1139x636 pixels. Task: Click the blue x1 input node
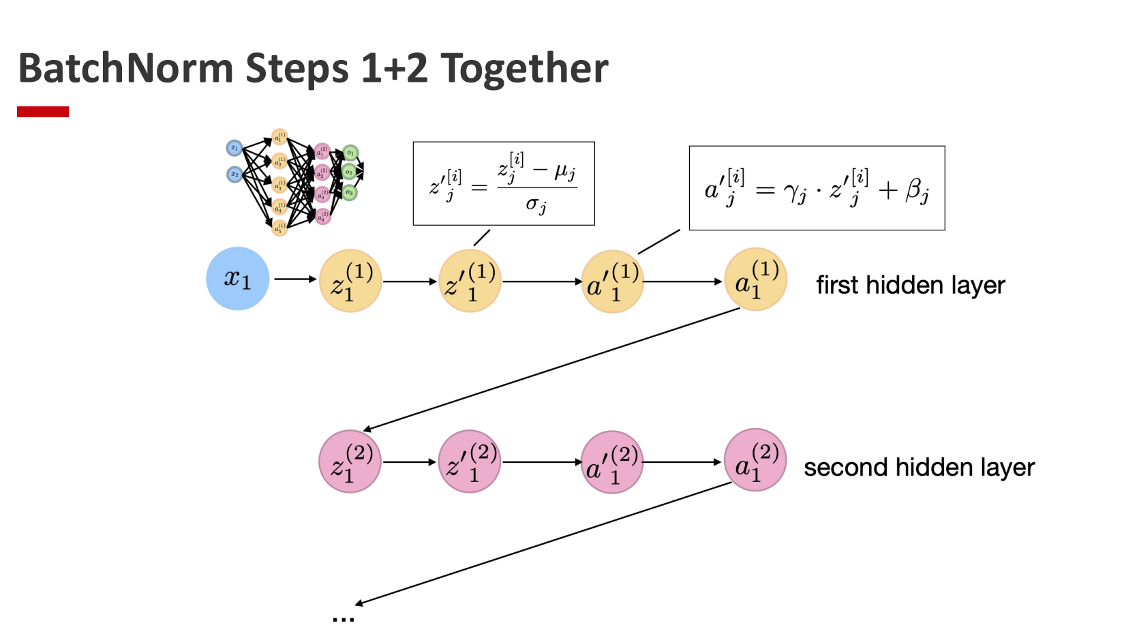pyautogui.click(x=238, y=279)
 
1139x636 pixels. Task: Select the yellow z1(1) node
pyautogui.click(x=350, y=281)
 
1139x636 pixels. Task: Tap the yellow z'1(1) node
pyautogui.click(x=470, y=281)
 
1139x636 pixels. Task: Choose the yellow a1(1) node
pyautogui.click(x=756, y=279)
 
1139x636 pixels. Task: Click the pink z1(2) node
pyautogui.click(x=350, y=461)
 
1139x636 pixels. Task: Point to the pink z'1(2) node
pyautogui.click(x=470, y=461)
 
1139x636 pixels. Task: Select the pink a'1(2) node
pyautogui.click(x=612, y=462)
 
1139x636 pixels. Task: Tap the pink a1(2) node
pyautogui.click(x=755, y=460)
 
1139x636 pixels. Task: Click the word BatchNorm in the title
pyautogui.click(x=126, y=69)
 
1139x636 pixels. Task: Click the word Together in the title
pyautogui.click(x=524, y=69)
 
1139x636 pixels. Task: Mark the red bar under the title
pyautogui.click(x=43, y=112)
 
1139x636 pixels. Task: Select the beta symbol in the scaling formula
pyautogui.click(x=916, y=190)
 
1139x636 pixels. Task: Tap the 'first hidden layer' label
pyautogui.click(x=911, y=285)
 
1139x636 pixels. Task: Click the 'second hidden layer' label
pyautogui.click(x=919, y=468)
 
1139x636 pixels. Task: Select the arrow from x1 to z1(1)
pyautogui.click(x=295, y=279)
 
